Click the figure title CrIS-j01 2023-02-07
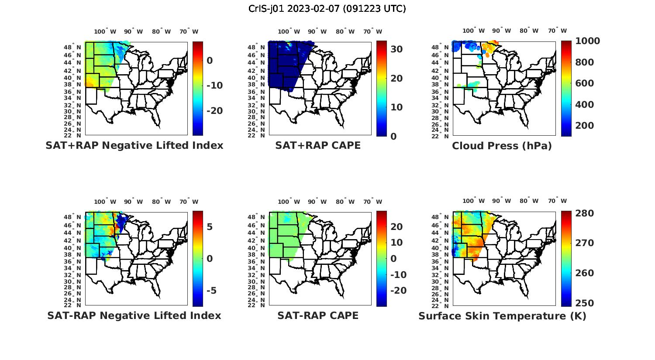(327, 9)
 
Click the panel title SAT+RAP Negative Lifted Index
(134, 145)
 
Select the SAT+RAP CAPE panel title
(318, 145)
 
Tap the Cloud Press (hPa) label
(502, 146)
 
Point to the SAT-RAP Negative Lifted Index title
(134, 315)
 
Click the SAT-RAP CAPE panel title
(318, 315)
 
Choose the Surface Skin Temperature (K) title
(502, 316)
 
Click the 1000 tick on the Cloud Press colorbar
(587, 41)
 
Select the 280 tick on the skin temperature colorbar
(584, 213)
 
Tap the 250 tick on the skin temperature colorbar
(584, 303)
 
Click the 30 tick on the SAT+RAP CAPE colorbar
(396, 49)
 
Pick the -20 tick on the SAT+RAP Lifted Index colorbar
(214, 111)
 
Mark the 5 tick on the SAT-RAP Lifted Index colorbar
(210, 227)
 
